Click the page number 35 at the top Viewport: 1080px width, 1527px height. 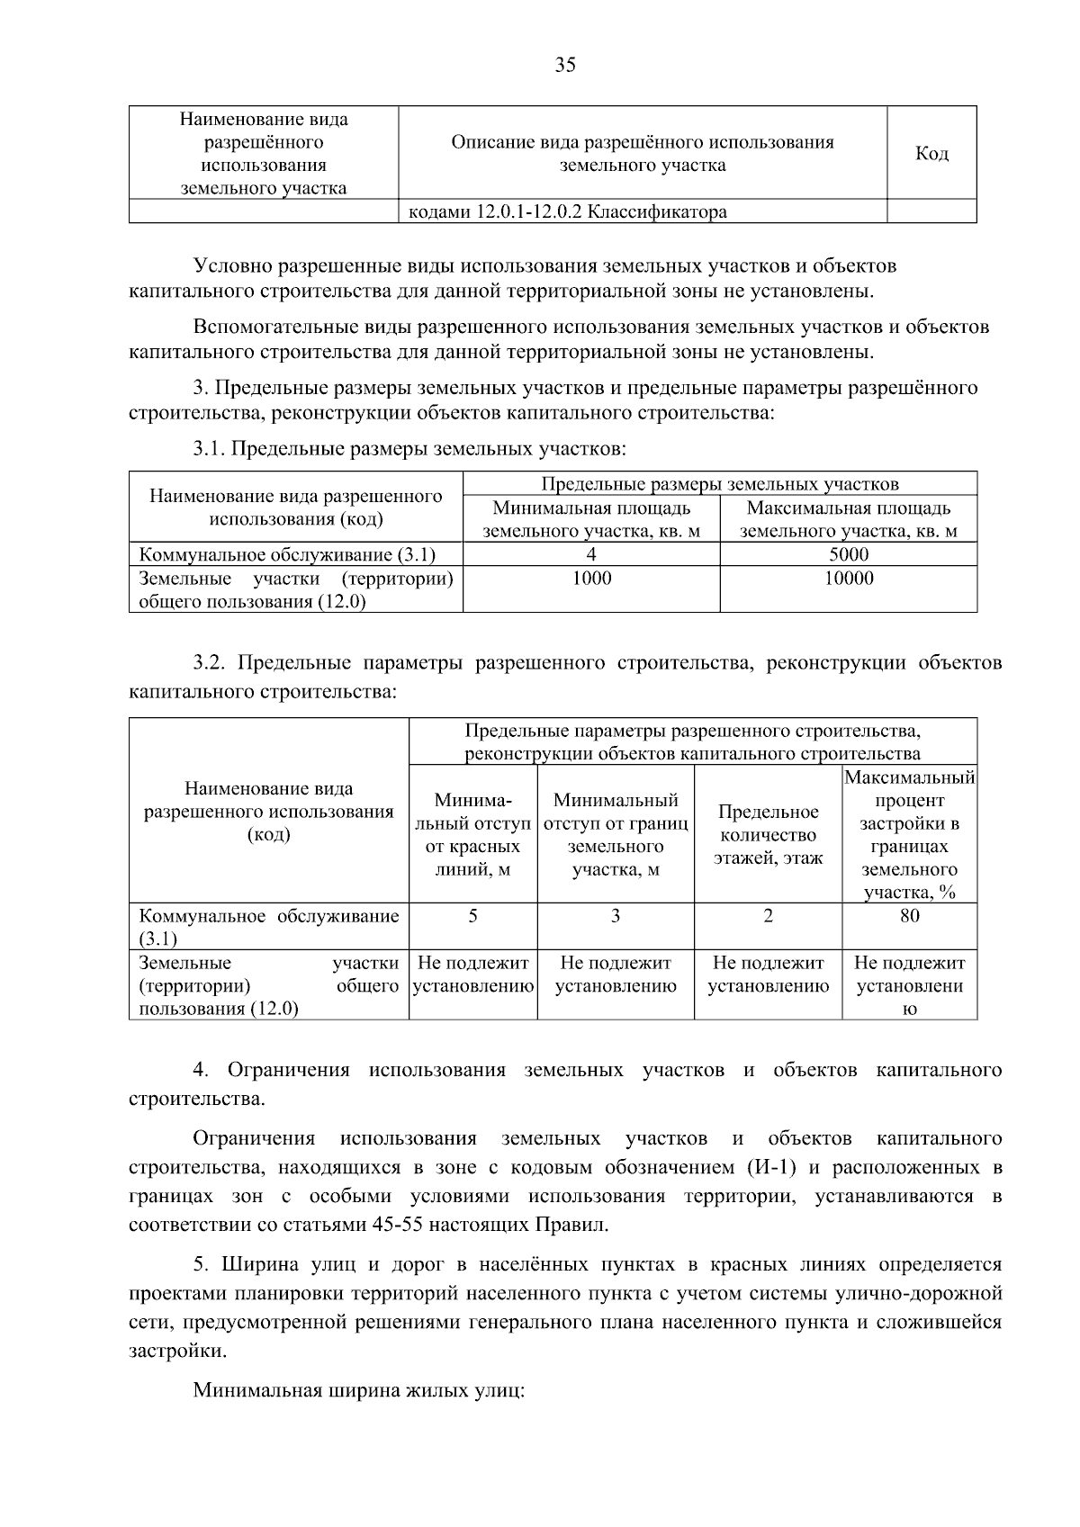tap(565, 65)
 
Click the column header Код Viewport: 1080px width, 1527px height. tap(931, 154)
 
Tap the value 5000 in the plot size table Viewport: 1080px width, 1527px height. tap(848, 555)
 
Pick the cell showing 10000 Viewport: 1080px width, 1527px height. tap(848, 579)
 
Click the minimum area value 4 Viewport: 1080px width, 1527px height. tap(591, 555)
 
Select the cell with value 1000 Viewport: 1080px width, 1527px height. tap(591, 579)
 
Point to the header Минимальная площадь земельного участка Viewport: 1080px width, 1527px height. tap(591, 520)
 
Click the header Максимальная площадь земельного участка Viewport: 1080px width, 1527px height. tap(848, 520)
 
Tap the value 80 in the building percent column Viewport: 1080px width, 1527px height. tap(909, 916)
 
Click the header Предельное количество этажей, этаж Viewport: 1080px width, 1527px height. tap(768, 835)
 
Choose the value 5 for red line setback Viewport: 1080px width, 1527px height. tap(472, 916)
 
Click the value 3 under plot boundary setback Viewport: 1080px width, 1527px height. tap(616, 916)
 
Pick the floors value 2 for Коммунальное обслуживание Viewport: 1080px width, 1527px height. tap(768, 916)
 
